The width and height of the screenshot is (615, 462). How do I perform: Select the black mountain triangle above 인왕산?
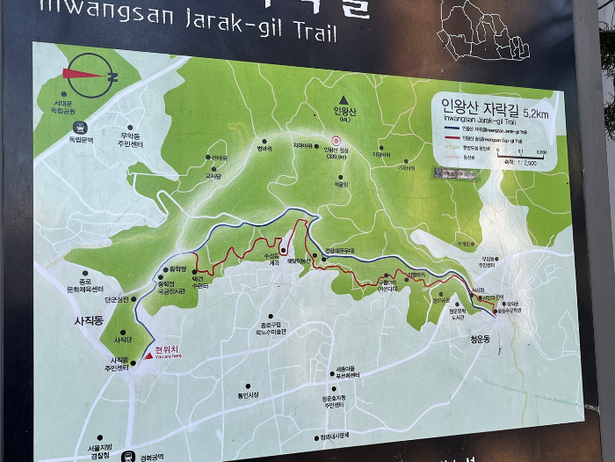346,99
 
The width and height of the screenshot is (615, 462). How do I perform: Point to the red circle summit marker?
335,140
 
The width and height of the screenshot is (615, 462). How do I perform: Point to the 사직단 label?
123,340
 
